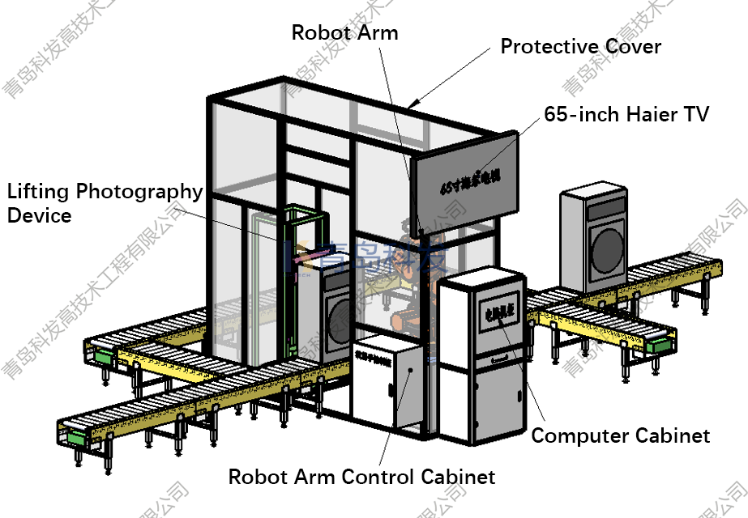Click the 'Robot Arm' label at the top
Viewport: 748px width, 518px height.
[x=344, y=32]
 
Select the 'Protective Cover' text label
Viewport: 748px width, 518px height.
[x=580, y=46]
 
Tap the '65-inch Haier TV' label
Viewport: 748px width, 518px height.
[x=626, y=114]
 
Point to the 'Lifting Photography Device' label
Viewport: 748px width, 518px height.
[x=105, y=203]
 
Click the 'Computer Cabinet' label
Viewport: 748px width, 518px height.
[x=620, y=435]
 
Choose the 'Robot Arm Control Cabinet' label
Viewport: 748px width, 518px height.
[x=361, y=476]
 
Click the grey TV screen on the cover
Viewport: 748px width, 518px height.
[x=465, y=175]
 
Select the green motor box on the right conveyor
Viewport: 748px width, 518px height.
[x=659, y=344]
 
